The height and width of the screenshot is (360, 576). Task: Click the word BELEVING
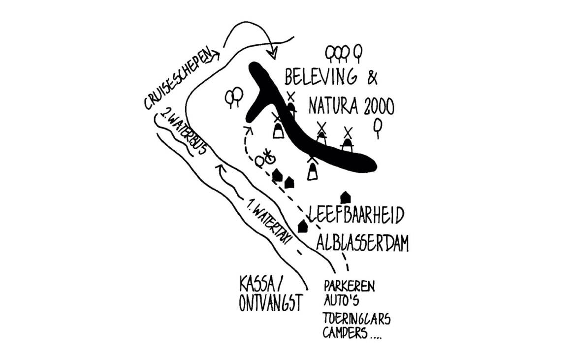[x=321, y=78]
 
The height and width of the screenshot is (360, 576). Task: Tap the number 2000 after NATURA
[x=379, y=105]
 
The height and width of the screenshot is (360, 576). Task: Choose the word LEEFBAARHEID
[x=356, y=215]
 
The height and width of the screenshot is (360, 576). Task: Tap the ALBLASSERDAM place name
[x=363, y=243]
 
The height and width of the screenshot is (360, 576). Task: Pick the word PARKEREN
[x=349, y=286]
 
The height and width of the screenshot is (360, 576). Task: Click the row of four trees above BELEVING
[x=344, y=53]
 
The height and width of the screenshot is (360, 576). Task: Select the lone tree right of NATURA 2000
[x=378, y=128]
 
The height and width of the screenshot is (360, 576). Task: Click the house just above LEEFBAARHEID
[x=346, y=197]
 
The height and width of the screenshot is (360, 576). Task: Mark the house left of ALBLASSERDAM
[x=303, y=226]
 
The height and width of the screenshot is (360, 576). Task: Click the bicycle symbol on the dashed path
[x=268, y=158]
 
